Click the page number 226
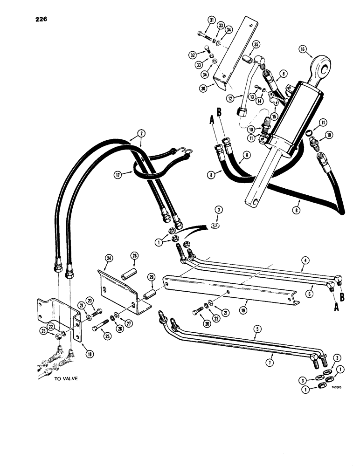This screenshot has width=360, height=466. point(40,20)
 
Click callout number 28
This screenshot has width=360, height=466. point(134,256)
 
